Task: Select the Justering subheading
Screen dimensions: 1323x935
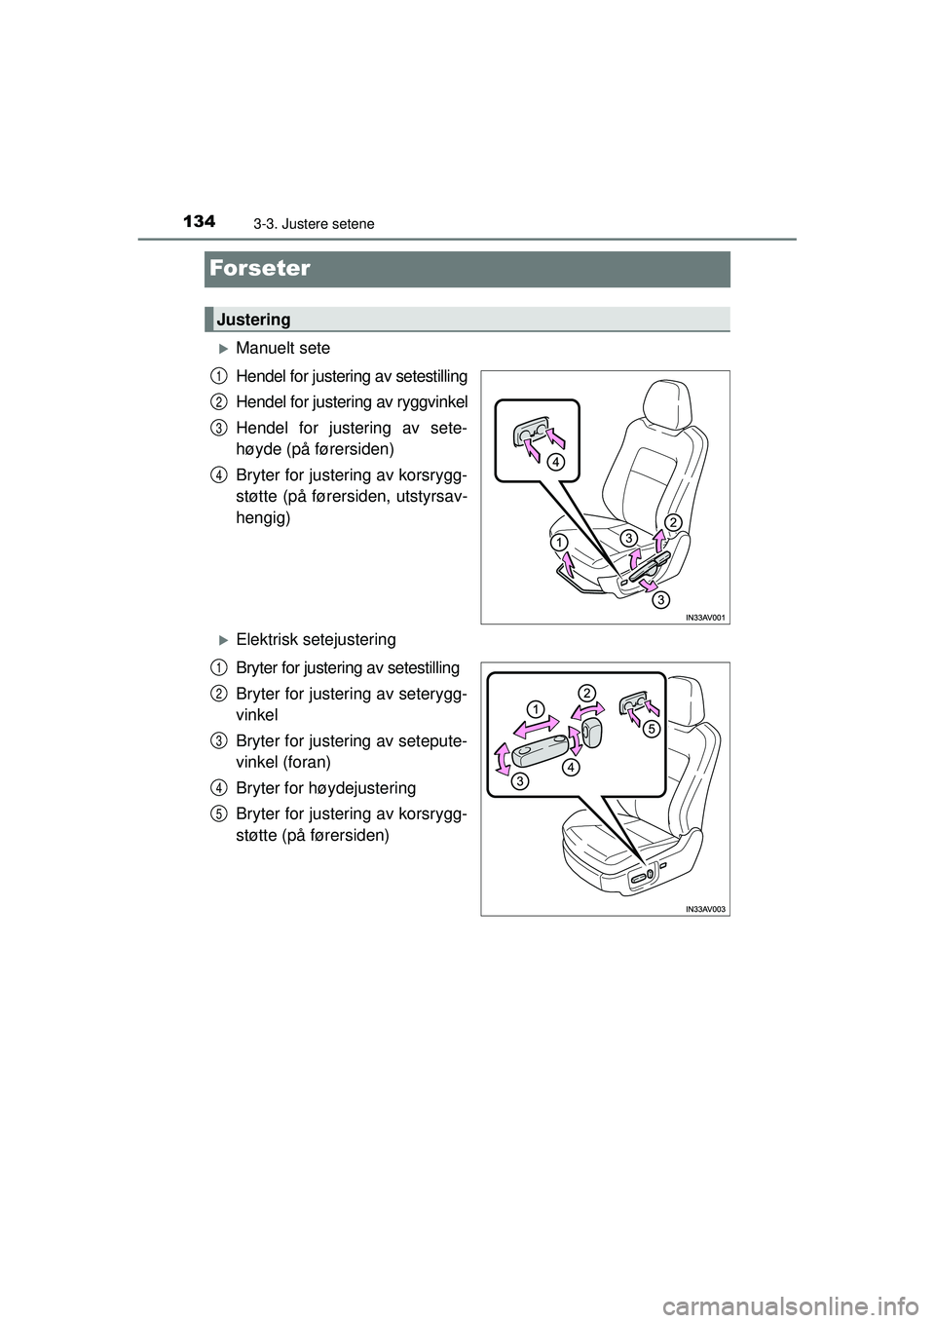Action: [x=253, y=320]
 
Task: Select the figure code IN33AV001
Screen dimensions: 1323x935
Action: [x=705, y=617]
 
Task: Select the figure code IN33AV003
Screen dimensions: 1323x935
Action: [x=705, y=908]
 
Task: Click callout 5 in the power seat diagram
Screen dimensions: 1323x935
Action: [x=651, y=728]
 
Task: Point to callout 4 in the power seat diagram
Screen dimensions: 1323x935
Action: [x=570, y=768]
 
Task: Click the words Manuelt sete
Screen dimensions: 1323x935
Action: [x=282, y=348]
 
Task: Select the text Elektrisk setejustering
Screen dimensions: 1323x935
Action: [x=316, y=639]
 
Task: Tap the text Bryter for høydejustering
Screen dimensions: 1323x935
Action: [x=325, y=787]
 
